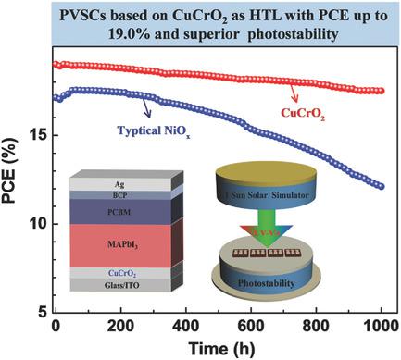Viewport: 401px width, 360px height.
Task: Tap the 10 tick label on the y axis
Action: (36, 223)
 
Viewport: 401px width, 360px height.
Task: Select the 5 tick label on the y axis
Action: (41, 312)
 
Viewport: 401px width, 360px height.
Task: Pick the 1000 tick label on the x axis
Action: (381, 327)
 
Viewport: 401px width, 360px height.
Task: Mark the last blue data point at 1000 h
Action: (381, 186)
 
